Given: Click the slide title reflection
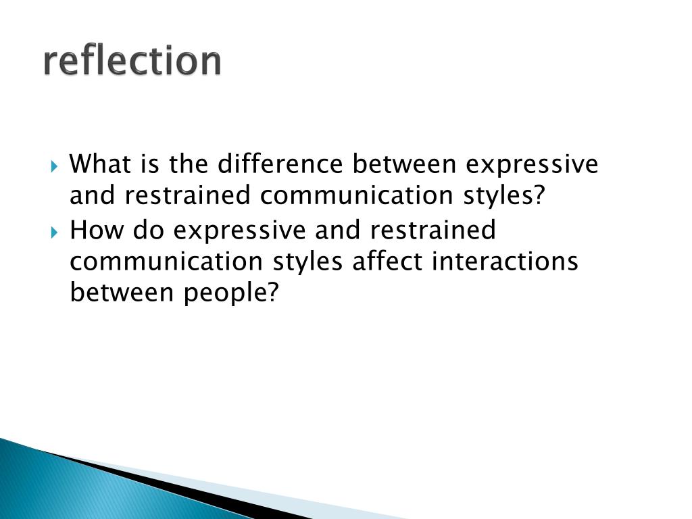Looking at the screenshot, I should (132, 61).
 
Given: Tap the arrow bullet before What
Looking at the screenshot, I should (55, 166).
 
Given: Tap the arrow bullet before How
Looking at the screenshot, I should (55, 232).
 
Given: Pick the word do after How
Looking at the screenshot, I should (149, 230).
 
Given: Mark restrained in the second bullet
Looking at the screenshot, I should (432, 230).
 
